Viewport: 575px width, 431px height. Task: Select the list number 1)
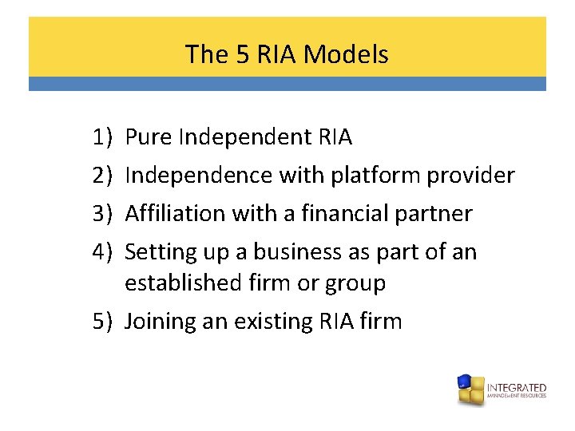click(x=102, y=137)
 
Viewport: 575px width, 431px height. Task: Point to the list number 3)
click(x=102, y=214)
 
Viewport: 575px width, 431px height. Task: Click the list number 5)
click(x=102, y=321)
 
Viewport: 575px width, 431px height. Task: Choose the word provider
click(x=471, y=176)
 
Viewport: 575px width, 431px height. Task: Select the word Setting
click(x=157, y=252)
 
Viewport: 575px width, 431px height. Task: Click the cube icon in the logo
click(x=470, y=389)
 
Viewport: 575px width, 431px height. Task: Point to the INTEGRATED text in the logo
click(x=517, y=387)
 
